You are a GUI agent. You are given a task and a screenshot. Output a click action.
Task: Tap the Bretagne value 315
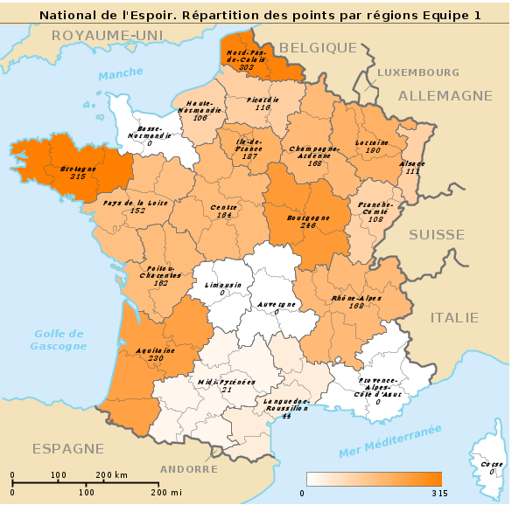[78, 176]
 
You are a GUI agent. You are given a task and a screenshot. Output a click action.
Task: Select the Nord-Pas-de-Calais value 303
[246, 66]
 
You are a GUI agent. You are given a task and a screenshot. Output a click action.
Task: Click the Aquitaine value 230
[157, 358]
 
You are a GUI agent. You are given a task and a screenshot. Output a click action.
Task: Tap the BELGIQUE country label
[319, 47]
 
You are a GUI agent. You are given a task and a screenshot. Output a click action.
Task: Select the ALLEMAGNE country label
[445, 95]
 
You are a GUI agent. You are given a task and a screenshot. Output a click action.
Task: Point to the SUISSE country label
[436, 234]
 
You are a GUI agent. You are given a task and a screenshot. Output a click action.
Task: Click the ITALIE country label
[454, 317]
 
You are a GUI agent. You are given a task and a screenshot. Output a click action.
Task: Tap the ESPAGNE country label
[67, 448]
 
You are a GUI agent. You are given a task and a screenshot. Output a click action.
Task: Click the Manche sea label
[120, 76]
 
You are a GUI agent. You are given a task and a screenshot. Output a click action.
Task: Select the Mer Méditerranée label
[389, 441]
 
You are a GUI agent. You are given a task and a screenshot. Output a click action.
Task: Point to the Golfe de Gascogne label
[59, 339]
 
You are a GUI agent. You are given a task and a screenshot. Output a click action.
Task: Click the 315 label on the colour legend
[438, 494]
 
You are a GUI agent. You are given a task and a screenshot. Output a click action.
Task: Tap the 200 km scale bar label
[110, 474]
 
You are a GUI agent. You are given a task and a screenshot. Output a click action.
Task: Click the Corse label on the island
[491, 464]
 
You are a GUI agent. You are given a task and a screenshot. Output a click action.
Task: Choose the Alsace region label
[413, 163]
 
